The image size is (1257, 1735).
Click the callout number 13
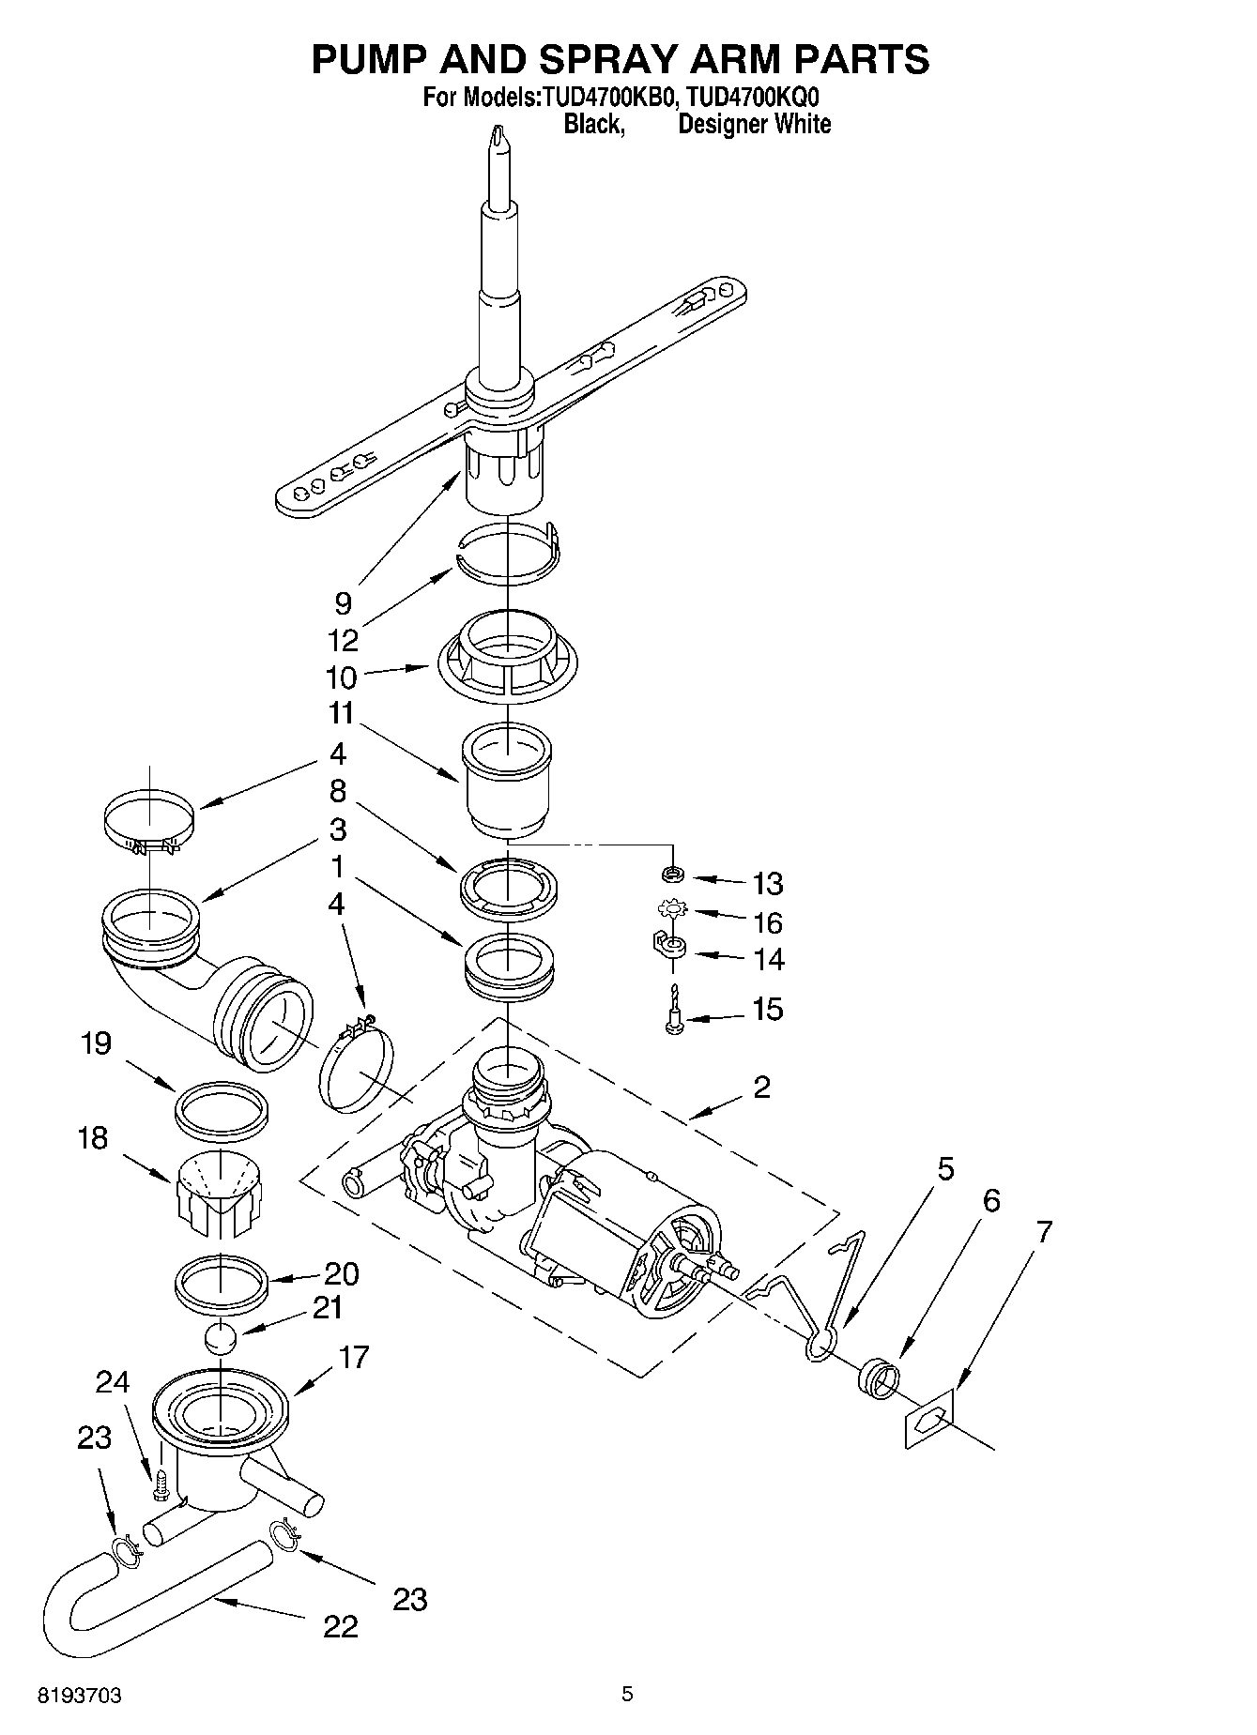[x=767, y=883]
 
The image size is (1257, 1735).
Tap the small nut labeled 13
[x=672, y=875]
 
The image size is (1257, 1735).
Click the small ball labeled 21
[x=220, y=1337]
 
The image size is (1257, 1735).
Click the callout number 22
[x=340, y=1626]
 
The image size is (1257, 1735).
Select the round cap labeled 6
[x=879, y=1379]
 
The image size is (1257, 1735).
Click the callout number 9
[x=343, y=602]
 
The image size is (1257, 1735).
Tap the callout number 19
[x=95, y=1043]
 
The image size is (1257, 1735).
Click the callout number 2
[x=761, y=1087]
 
